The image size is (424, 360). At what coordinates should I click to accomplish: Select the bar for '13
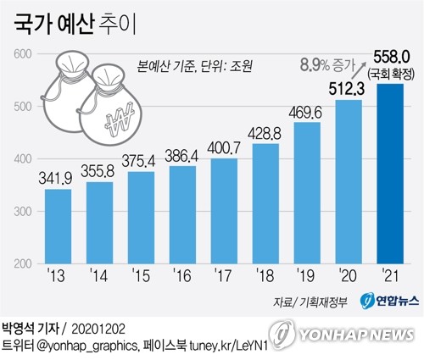click(58, 226)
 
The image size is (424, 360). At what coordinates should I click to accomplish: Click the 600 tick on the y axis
click(21, 54)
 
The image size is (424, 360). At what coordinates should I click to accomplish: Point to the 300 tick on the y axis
click(21, 212)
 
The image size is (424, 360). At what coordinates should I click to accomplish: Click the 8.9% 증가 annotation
click(326, 63)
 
